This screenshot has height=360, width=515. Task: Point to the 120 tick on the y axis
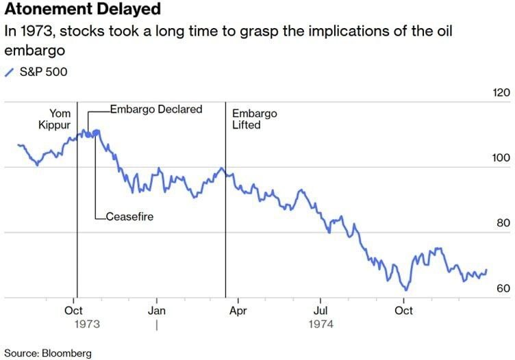click(x=501, y=93)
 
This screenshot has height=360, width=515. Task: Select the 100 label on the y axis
click(x=501, y=158)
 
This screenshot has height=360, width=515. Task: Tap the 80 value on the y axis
click(x=503, y=223)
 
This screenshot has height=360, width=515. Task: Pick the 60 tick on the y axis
click(x=503, y=288)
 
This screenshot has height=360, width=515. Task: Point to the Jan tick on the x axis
click(x=157, y=310)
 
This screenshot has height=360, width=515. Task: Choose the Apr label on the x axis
click(x=238, y=310)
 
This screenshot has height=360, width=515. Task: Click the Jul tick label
click(x=320, y=310)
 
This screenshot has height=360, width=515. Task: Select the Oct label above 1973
click(x=74, y=310)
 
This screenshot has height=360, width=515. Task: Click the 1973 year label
click(x=87, y=324)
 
